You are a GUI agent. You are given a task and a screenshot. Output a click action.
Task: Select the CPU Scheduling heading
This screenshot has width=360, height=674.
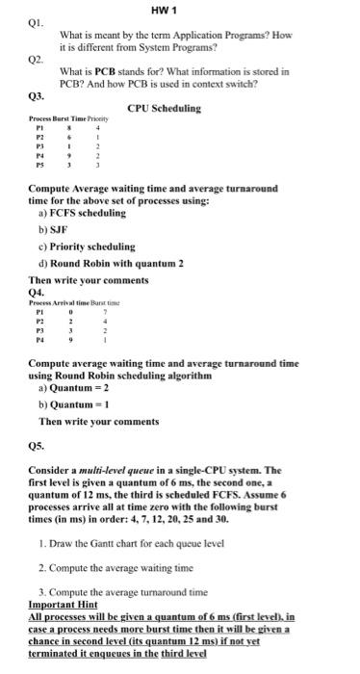[164, 109]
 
